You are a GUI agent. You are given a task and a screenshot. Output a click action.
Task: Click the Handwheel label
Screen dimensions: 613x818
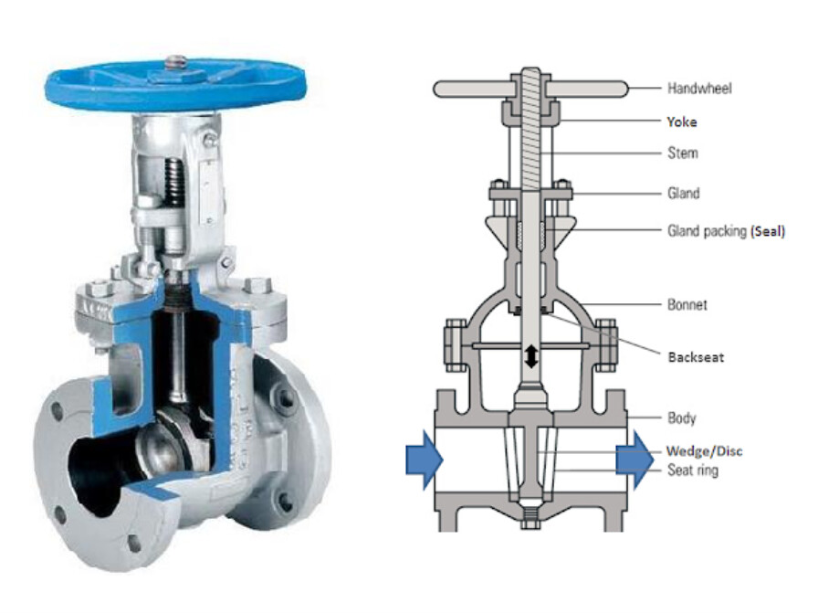point(699,89)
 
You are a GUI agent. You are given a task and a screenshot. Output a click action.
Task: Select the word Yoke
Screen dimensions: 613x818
point(681,121)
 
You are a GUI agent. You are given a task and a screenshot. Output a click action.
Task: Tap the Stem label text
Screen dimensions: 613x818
point(682,153)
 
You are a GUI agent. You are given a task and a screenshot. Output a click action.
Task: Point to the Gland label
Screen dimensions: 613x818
point(684,193)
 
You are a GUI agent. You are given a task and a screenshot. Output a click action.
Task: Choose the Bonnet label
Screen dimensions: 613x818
point(687,303)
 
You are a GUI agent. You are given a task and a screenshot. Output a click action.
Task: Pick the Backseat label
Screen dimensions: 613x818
point(695,356)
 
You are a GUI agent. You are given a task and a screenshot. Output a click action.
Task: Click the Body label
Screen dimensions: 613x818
point(681,417)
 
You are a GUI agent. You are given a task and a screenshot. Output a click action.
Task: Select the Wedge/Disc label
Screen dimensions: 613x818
point(704,451)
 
